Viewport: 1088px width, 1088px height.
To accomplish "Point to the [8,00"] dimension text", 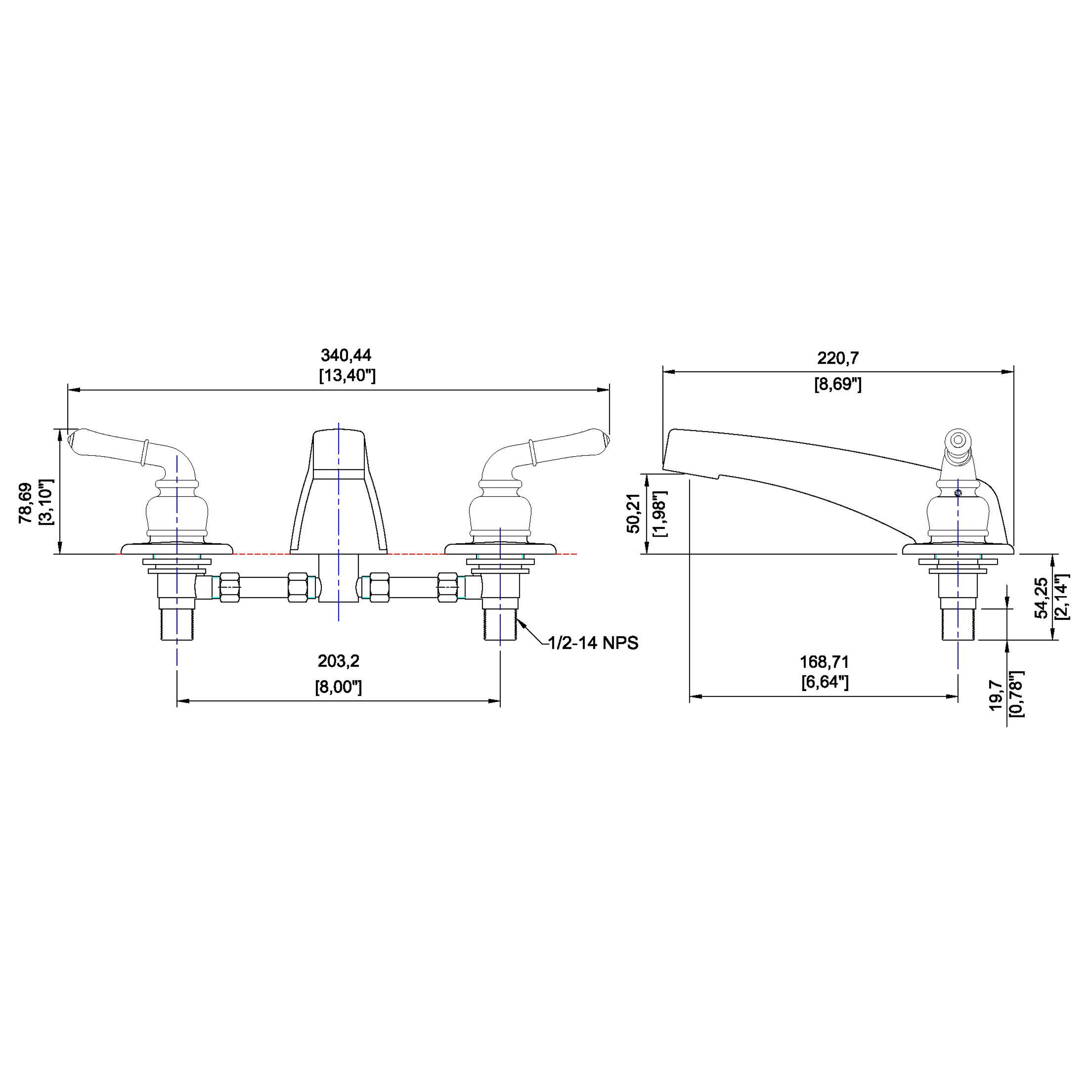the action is (338, 687).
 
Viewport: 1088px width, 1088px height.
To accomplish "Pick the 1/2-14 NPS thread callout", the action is (594, 643).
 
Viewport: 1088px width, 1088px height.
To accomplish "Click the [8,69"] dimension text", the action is (838, 385).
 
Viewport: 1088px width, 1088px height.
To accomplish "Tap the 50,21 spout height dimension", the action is (634, 513).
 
